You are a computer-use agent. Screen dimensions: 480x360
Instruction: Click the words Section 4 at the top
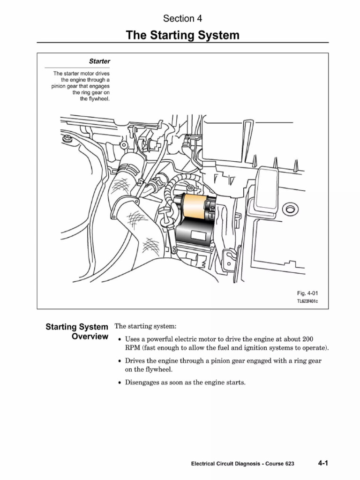(182, 19)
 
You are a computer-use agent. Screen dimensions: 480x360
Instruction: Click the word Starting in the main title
(172, 36)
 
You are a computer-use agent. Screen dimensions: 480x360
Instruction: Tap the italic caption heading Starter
(99, 61)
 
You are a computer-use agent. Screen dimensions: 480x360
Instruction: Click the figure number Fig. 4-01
(307, 293)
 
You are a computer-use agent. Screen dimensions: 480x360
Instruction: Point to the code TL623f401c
(307, 301)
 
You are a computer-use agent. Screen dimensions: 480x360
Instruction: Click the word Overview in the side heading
(90, 337)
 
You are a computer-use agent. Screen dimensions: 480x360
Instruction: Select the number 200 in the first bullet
(308, 339)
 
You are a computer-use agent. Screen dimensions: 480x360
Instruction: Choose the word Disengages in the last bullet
(142, 382)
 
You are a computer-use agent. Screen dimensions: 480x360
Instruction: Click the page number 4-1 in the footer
(322, 463)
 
